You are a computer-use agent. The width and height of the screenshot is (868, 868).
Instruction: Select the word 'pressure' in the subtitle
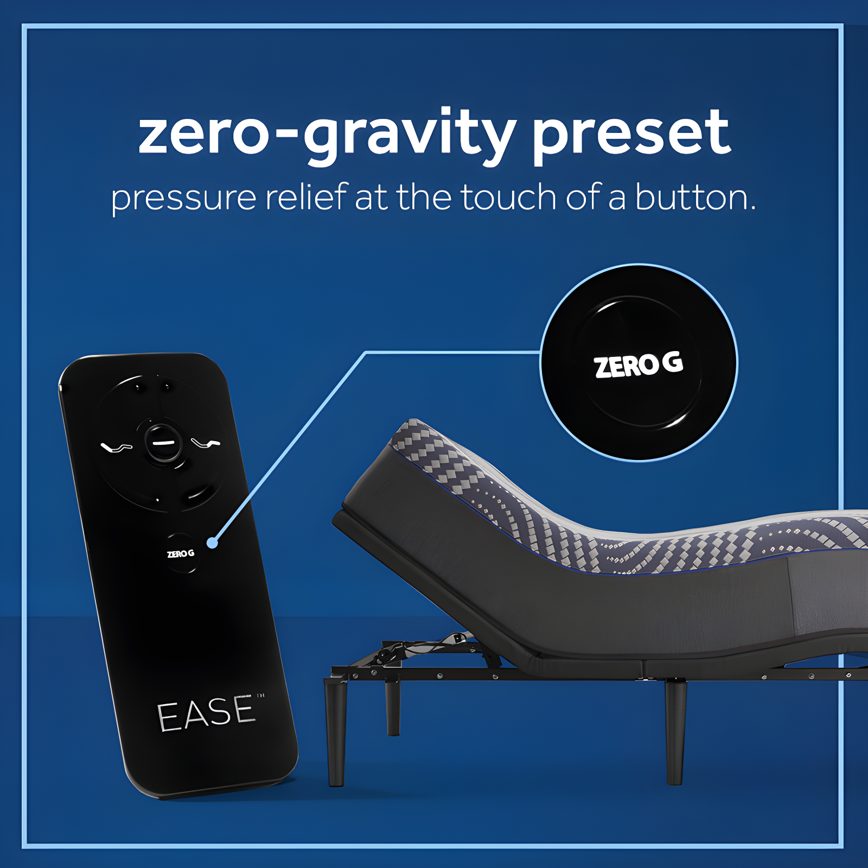point(183,198)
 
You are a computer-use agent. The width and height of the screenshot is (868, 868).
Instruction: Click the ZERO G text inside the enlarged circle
point(638,365)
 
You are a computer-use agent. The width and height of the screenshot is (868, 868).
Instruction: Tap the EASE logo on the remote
point(206,713)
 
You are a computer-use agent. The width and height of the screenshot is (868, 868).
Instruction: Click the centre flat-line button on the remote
point(162,443)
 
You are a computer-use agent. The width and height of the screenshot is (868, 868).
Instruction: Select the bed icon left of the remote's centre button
point(116,447)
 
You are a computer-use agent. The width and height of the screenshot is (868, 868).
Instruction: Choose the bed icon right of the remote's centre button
point(206,444)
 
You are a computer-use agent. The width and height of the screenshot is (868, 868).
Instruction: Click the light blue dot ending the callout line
point(212,542)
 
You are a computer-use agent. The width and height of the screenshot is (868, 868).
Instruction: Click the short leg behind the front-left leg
point(393,708)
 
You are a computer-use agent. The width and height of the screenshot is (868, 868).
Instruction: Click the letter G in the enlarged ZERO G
point(672,362)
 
